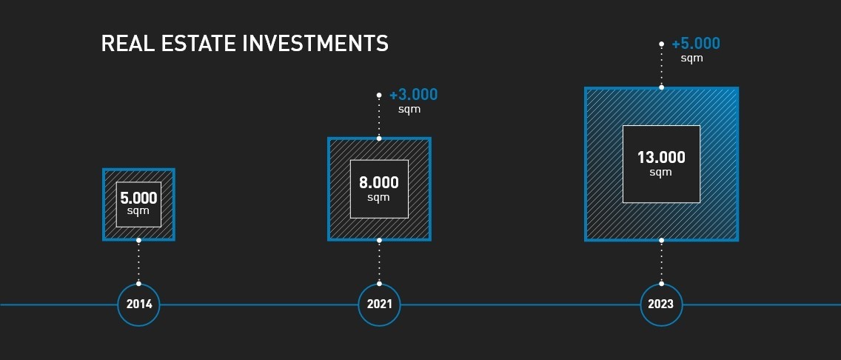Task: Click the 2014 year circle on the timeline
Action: coord(138,304)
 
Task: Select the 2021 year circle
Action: coord(379,304)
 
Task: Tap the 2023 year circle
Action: coord(661,304)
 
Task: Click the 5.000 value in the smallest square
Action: coord(138,199)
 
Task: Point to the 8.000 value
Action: coord(379,183)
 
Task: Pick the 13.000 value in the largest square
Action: coord(661,158)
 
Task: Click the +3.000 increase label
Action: coord(414,95)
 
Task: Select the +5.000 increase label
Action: coord(696,44)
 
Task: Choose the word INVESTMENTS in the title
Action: coord(315,44)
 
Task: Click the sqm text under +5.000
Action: coord(692,59)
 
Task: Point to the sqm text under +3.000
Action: coord(409,110)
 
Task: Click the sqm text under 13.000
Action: coord(661,173)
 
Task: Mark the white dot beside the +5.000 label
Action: coord(661,44)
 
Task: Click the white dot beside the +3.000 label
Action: coord(379,95)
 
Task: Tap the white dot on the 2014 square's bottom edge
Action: coord(138,240)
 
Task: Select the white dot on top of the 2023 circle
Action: coord(661,283)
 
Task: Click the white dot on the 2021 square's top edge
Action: coord(379,139)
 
